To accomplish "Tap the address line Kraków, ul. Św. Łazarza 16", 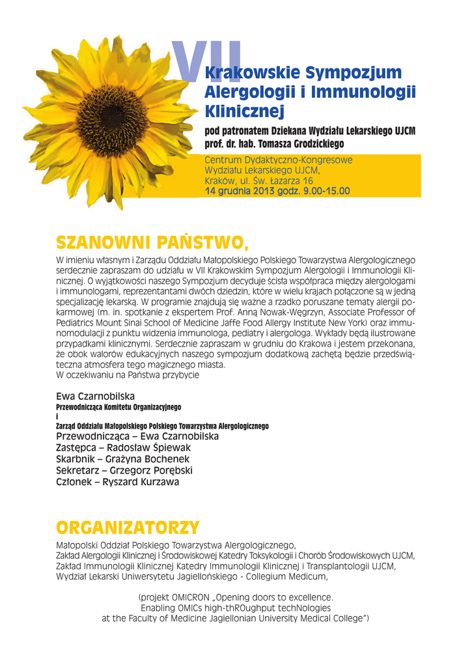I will [258, 180].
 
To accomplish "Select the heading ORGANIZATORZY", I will [128, 526].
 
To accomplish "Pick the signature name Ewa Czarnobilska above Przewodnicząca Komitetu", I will [95, 395].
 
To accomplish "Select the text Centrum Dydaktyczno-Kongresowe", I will [279, 160].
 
